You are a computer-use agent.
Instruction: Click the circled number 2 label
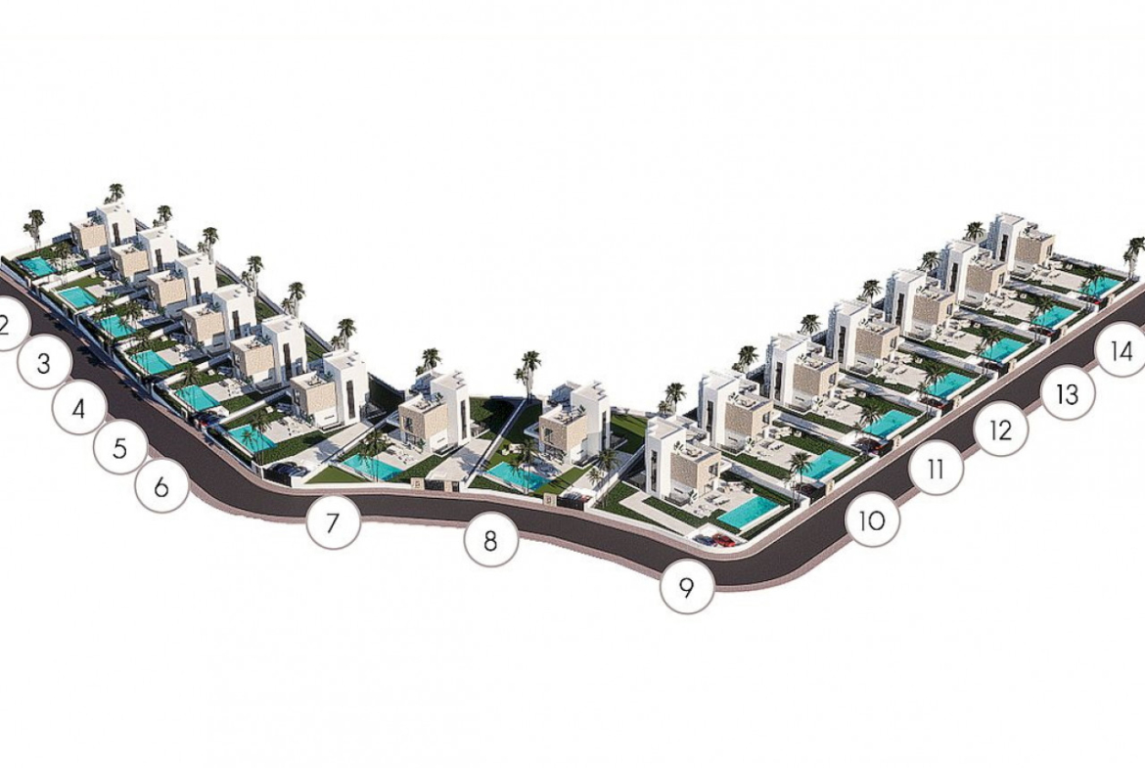(7, 324)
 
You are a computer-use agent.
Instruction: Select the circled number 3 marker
(44, 363)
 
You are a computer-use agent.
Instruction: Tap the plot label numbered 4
(79, 407)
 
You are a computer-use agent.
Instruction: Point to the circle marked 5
(120, 447)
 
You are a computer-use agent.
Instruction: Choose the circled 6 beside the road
(162, 486)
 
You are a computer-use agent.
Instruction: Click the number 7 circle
(333, 522)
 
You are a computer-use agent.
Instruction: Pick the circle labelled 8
(490, 541)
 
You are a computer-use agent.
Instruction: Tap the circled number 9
(686, 587)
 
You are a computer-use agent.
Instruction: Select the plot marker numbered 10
(873, 521)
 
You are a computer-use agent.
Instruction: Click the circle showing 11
(937, 469)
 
